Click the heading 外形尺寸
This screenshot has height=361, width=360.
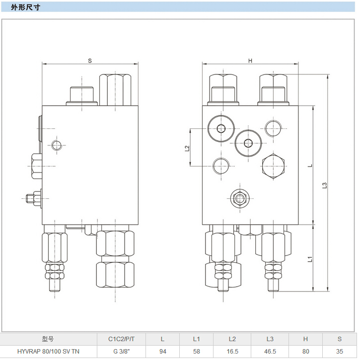(24, 8)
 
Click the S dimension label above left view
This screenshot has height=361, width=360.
(90, 60)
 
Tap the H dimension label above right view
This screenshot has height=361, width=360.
(250, 60)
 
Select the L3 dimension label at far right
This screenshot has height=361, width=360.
(324, 184)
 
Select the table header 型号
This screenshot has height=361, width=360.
(48, 339)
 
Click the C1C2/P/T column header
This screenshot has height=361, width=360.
(122, 339)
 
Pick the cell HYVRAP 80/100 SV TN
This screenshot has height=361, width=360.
(48, 352)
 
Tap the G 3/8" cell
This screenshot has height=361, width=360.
(122, 352)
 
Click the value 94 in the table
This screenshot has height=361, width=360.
(162, 352)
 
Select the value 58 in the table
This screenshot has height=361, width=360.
(196, 352)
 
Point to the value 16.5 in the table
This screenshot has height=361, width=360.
(232, 352)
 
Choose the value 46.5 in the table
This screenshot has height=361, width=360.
(270, 352)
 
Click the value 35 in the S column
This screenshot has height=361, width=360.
(340, 352)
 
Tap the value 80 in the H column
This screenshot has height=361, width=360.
(305, 352)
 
